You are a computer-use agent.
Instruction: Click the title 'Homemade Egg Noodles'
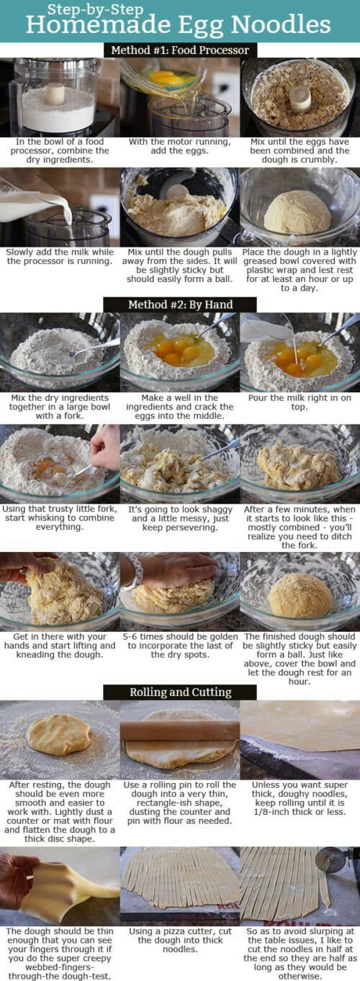[179, 24]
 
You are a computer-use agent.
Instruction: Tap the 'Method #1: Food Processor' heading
[180, 50]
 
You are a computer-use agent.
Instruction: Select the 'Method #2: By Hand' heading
[181, 304]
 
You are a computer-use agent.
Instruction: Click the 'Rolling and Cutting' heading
[181, 692]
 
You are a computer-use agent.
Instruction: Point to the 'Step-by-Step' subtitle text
[95, 9]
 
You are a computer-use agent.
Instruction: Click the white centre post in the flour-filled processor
[55, 94]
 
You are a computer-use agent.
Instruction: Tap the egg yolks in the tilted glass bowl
[166, 79]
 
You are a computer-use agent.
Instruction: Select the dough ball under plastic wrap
[297, 212]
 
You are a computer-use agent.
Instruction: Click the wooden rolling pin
[180, 730]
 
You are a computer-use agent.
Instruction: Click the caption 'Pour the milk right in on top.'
[300, 402]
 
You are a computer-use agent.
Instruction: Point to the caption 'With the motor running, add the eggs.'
[179, 146]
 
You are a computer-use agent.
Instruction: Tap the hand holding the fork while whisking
[105, 448]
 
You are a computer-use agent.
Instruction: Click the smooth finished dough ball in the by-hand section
[300, 596]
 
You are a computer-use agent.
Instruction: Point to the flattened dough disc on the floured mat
[58, 734]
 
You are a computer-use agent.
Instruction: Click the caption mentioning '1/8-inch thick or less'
[300, 798]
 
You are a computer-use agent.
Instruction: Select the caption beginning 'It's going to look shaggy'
[180, 518]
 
